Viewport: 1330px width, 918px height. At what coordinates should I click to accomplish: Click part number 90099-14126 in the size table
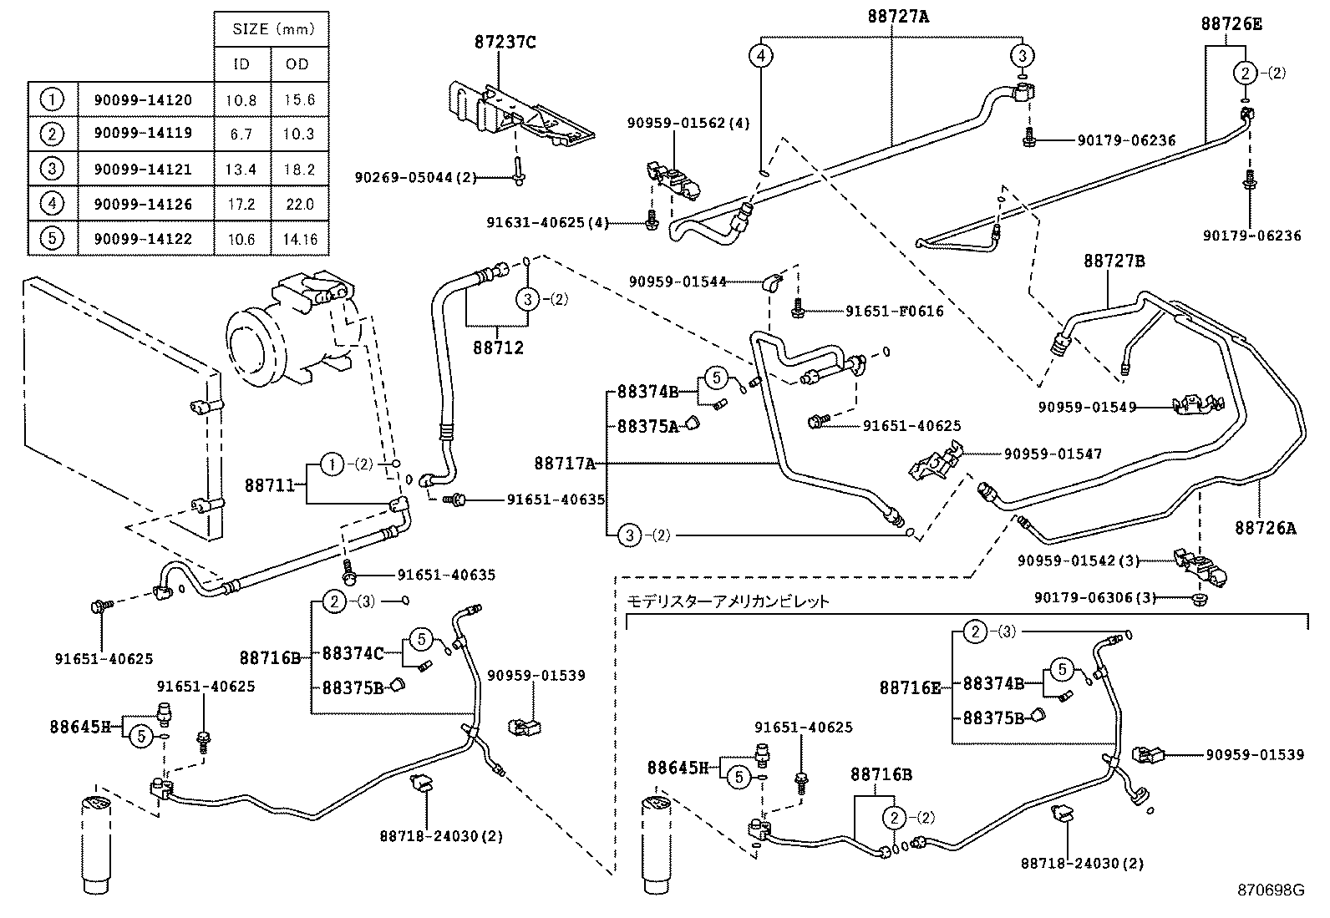143,204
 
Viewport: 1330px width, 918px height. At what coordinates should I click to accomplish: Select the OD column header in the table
297,63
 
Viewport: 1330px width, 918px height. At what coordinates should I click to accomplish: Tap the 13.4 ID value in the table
241,170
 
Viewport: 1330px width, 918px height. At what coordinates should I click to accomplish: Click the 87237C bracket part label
506,42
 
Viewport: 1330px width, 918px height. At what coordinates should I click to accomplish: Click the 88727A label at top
895,15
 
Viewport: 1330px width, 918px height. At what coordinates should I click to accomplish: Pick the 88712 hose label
498,347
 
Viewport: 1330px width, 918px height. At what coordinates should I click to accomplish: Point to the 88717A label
565,463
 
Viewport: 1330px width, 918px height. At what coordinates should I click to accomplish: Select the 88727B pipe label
1114,261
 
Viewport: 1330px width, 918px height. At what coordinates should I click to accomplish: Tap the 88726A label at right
1266,528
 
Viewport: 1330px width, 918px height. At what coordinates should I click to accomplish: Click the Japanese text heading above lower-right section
728,601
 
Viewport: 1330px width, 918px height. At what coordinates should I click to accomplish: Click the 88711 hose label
269,484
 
